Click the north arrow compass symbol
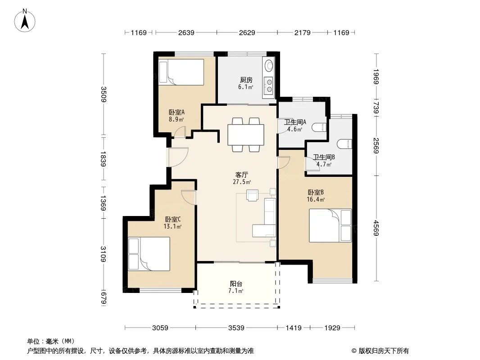point(25,20)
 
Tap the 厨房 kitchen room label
point(246,80)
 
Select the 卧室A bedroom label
point(177,112)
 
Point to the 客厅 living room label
point(241,175)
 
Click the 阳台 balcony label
point(236,284)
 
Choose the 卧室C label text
point(172,219)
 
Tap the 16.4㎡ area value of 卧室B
point(316,200)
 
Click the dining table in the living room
point(246,135)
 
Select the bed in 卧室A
point(181,72)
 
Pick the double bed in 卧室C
point(149,254)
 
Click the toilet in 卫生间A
point(320,127)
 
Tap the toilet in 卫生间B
point(344,144)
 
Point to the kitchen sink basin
point(269,65)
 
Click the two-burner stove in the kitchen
point(269,85)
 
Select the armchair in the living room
point(253,195)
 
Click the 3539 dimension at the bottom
point(236,328)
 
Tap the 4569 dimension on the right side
point(376,228)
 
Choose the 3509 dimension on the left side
point(104,94)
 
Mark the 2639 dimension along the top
point(186,32)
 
